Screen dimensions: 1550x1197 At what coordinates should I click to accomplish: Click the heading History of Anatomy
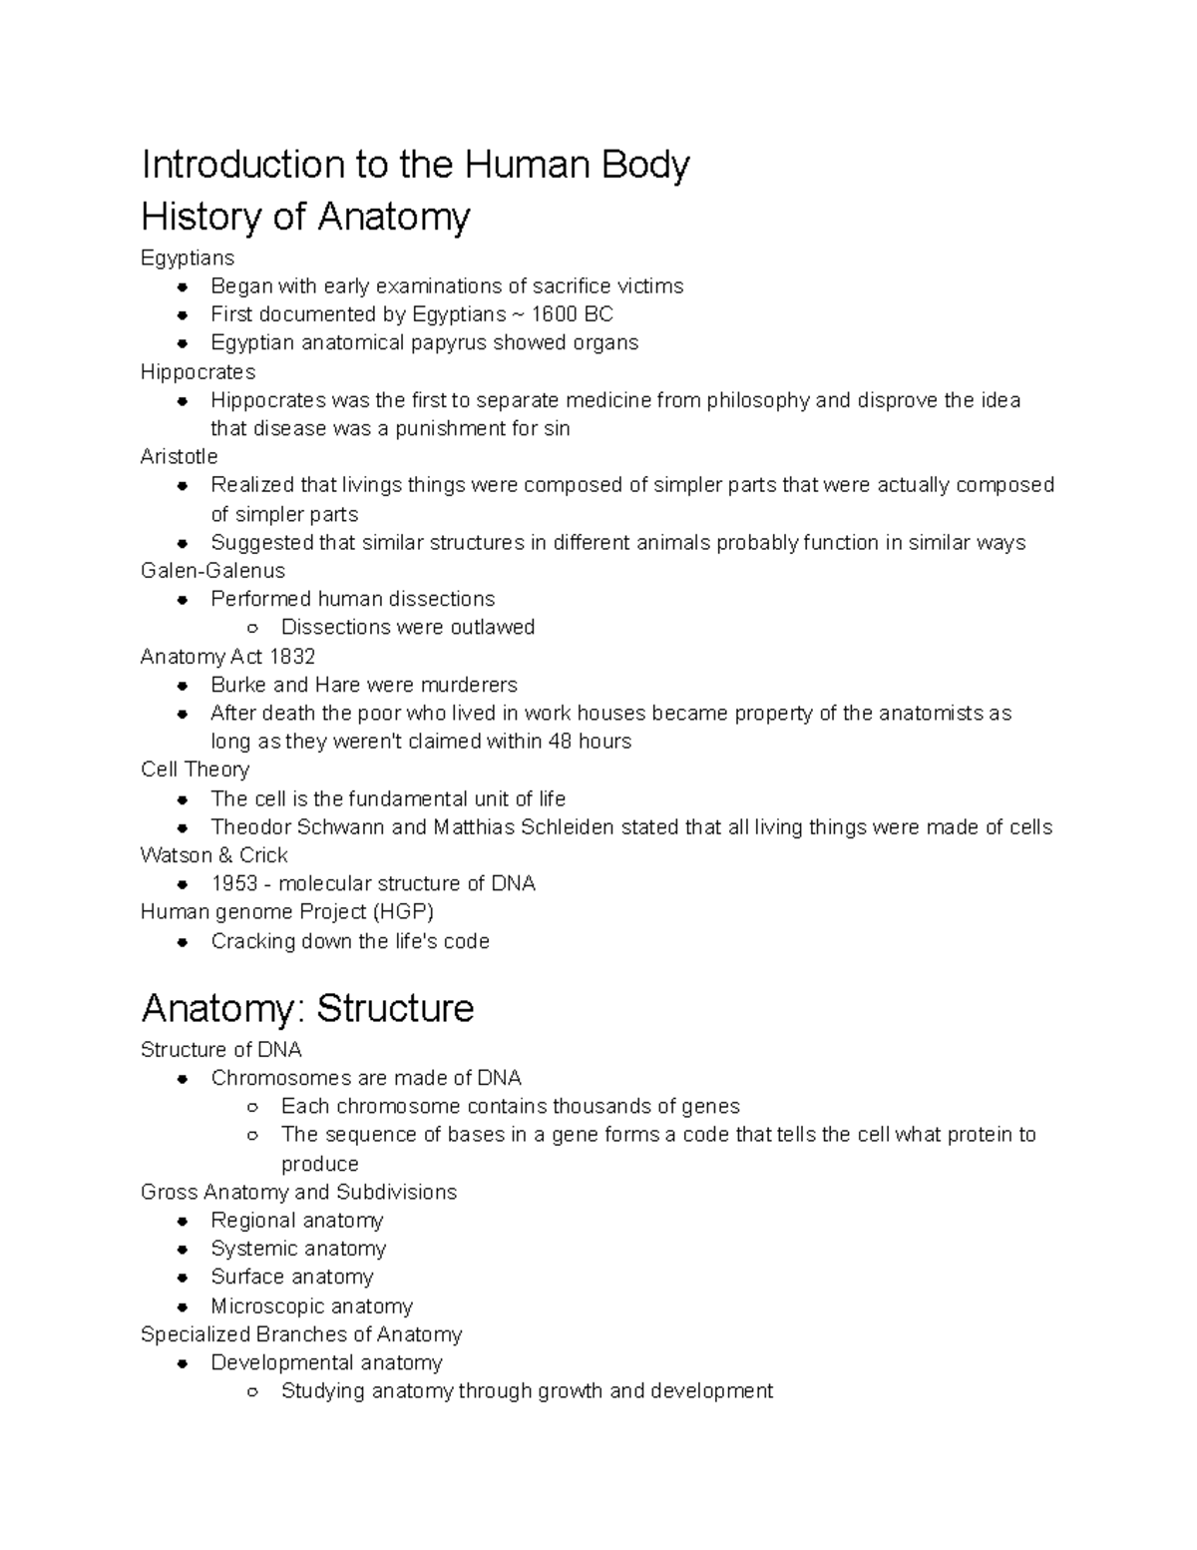click(305, 217)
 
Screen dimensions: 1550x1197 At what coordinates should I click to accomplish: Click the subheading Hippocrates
click(198, 372)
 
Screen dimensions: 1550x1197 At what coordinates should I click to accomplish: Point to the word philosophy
click(758, 400)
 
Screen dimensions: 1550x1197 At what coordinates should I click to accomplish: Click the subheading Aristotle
click(179, 457)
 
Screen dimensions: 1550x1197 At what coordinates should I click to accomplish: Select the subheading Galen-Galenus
click(212, 571)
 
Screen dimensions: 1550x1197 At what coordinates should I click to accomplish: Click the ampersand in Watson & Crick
click(226, 855)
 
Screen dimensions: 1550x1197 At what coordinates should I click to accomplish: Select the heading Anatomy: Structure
click(307, 1008)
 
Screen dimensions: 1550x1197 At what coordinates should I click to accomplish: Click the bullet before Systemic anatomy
click(183, 1250)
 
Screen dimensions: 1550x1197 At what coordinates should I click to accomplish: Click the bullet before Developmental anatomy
click(183, 1363)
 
